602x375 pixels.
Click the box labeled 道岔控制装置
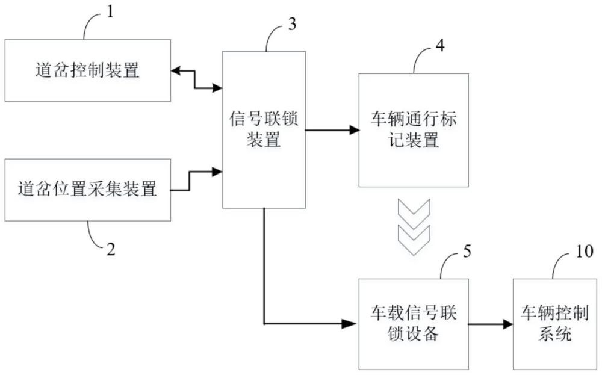point(87,70)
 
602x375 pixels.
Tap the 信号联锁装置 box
point(264,129)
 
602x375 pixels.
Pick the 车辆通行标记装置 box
point(413,129)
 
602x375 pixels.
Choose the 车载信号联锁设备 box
point(413,324)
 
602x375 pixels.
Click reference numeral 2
point(111,249)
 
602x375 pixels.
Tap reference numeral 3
point(293,24)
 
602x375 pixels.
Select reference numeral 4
point(441,46)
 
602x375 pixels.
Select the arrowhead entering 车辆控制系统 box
point(509,324)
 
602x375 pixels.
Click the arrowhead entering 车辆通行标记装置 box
point(355,129)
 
